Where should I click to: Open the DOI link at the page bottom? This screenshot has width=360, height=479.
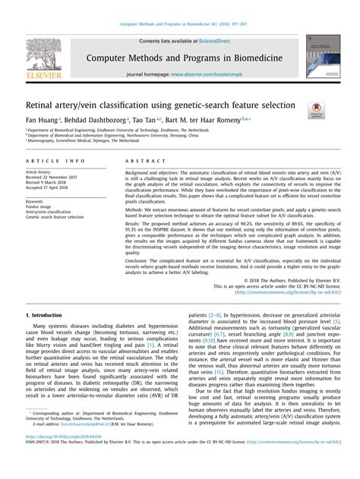tap(68, 459)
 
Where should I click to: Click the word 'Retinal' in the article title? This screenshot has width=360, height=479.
tap(43, 102)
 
